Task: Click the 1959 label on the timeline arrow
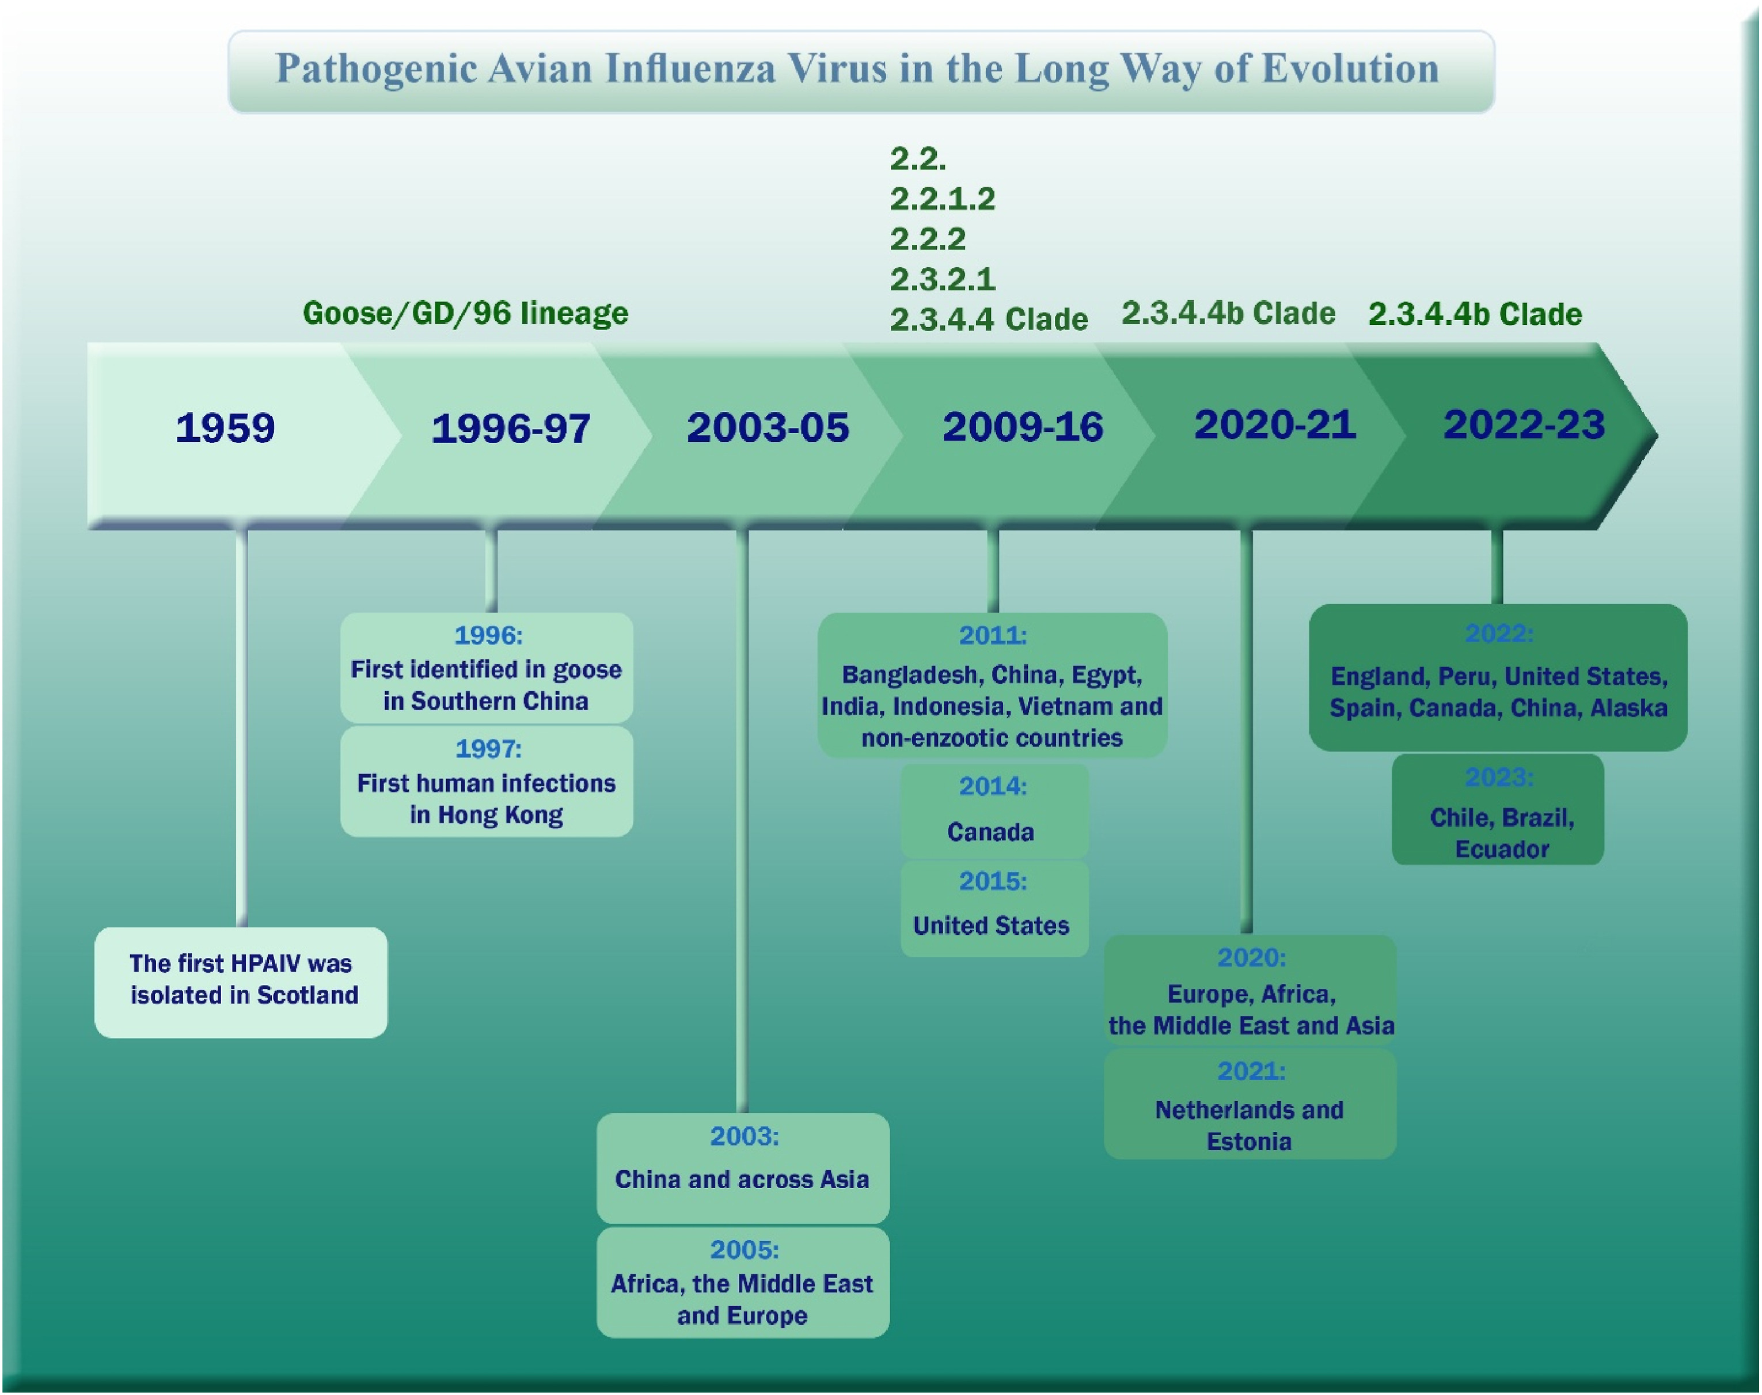pos(225,428)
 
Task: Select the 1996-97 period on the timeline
pos(511,429)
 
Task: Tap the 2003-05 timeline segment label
pos(768,428)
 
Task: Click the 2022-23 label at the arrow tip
pos(1524,424)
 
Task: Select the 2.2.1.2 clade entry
pos(942,199)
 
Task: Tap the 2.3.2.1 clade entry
pos(942,279)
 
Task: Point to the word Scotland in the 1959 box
pos(308,995)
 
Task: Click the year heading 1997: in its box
pos(488,749)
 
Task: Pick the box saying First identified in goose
pos(487,668)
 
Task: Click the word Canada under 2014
pos(990,832)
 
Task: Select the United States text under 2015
pos(991,926)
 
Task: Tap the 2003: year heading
pos(744,1136)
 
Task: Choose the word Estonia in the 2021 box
pos(1250,1142)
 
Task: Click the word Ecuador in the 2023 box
pos(1502,850)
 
